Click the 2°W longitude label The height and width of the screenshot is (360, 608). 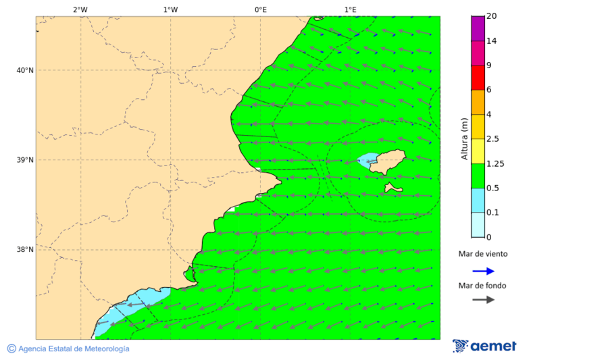[x=80, y=9]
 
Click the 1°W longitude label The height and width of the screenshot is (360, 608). [x=170, y=9]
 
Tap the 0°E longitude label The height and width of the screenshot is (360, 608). [x=260, y=9]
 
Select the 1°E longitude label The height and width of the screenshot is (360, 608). [x=350, y=9]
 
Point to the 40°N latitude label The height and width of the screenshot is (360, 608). [x=25, y=70]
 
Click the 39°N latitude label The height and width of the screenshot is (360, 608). [x=25, y=160]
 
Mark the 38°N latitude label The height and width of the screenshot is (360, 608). [x=25, y=250]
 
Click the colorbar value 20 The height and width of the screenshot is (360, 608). [x=492, y=16]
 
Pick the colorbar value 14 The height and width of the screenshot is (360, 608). [x=492, y=41]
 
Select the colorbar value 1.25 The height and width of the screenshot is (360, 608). [x=496, y=163]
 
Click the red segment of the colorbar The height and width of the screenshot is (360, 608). [x=478, y=78]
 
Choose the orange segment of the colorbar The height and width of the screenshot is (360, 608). [x=478, y=102]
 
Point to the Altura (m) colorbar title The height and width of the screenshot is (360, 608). [x=464, y=138]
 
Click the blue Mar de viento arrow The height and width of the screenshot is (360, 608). [x=483, y=271]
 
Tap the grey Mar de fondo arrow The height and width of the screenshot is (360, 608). [x=483, y=300]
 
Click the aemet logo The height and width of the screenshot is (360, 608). [x=484, y=346]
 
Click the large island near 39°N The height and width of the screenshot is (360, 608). [x=389, y=161]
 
